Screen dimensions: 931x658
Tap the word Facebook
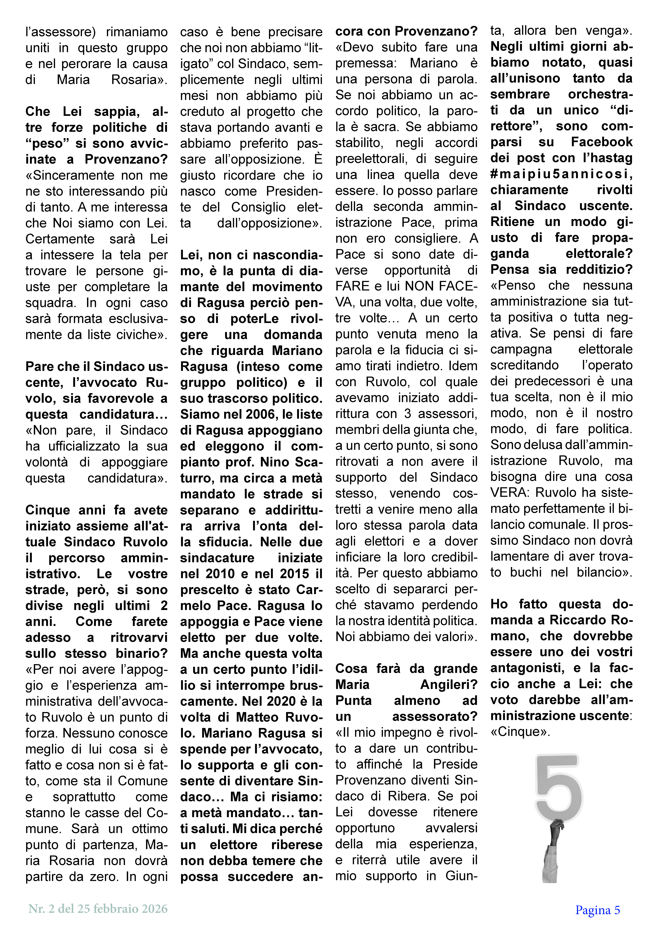tap(602, 142)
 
